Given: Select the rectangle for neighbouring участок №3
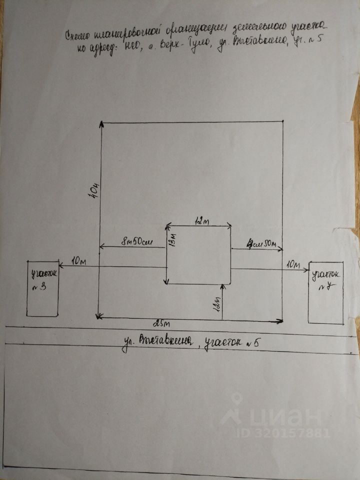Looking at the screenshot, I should [42, 288].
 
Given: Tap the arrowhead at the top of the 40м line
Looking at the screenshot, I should [101, 123].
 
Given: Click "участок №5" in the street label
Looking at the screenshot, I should [231, 343].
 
